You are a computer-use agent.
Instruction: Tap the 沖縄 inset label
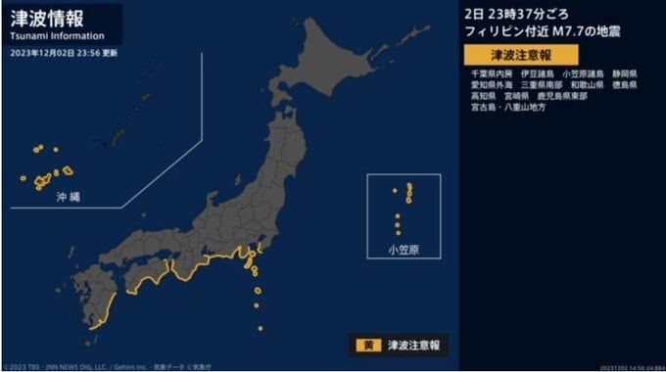(70, 198)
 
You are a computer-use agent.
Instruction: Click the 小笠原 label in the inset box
(403, 250)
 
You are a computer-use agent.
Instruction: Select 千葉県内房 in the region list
(491, 73)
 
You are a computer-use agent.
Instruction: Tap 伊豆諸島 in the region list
(537, 73)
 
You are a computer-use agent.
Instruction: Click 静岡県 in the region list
(623, 73)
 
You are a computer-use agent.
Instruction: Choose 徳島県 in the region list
(623, 85)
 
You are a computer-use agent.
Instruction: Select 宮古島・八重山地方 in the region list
(507, 107)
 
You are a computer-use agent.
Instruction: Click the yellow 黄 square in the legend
(361, 344)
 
